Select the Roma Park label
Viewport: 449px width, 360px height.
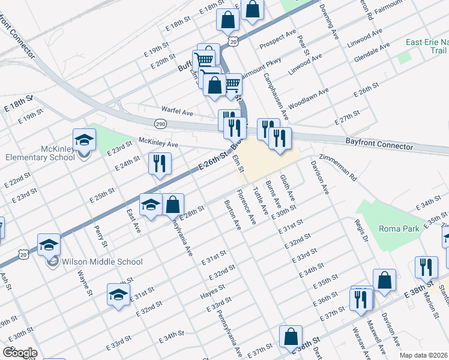point(393,228)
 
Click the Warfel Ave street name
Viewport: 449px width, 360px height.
point(177,111)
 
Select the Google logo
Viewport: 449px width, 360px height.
point(19,353)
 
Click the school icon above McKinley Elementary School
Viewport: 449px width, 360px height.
point(84,140)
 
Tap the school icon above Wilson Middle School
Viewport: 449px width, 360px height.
point(49,245)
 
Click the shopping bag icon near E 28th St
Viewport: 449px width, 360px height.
point(173,205)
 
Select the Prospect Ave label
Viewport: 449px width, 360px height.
point(278,41)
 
